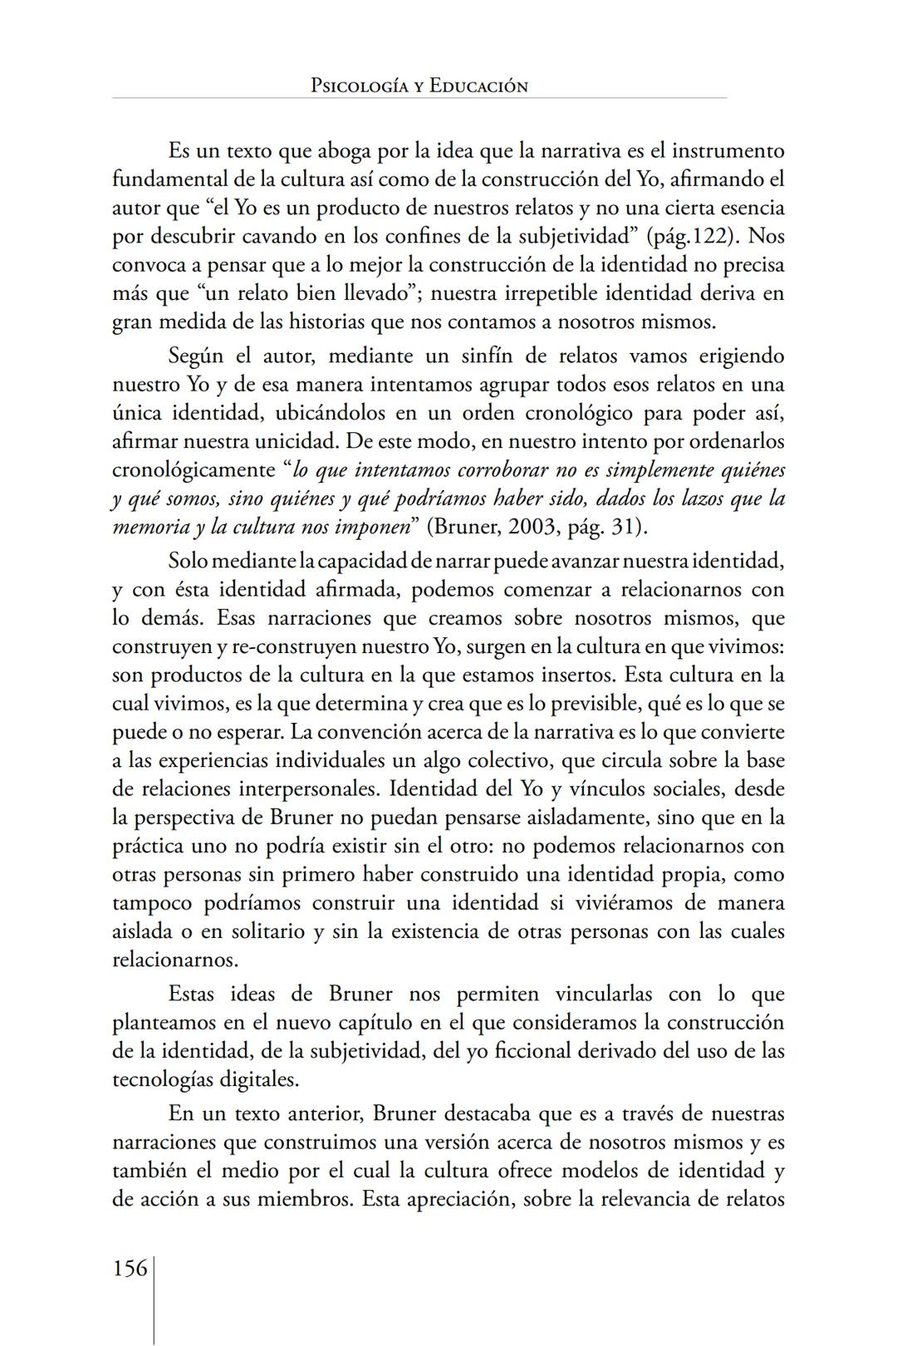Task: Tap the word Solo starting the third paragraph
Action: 187,561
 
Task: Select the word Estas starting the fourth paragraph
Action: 193,995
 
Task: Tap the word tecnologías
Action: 162,1080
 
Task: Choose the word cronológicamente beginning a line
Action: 194,470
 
